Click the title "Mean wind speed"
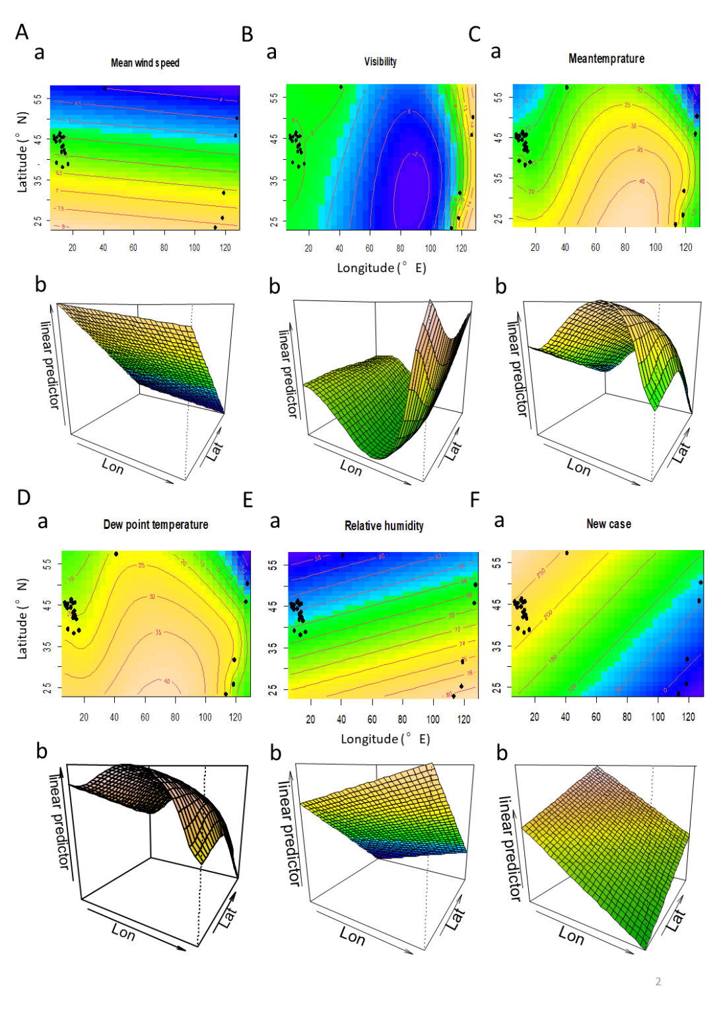tap(145, 63)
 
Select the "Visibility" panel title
tap(380, 61)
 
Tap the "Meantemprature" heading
tap(606, 59)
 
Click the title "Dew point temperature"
tap(156, 525)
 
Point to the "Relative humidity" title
tap(384, 526)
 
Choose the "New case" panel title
tap(609, 524)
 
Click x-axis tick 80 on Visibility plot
tap(400, 248)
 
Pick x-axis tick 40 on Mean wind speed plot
tap(103, 248)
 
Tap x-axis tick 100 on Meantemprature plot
tap(656, 247)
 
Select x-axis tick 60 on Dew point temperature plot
tap(145, 717)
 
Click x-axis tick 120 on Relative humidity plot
tap(464, 719)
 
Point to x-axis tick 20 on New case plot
tap(535, 716)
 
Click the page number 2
tap(658, 982)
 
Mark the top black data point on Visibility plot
tap(341, 87)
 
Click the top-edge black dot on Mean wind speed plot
tap(104, 88)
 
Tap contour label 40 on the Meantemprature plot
tap(642, 181)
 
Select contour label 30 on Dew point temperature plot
tap(152, 597)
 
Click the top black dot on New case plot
tap(566, 553)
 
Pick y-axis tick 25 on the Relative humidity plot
tap(273, 689)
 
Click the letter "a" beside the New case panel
tap(499, 522)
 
